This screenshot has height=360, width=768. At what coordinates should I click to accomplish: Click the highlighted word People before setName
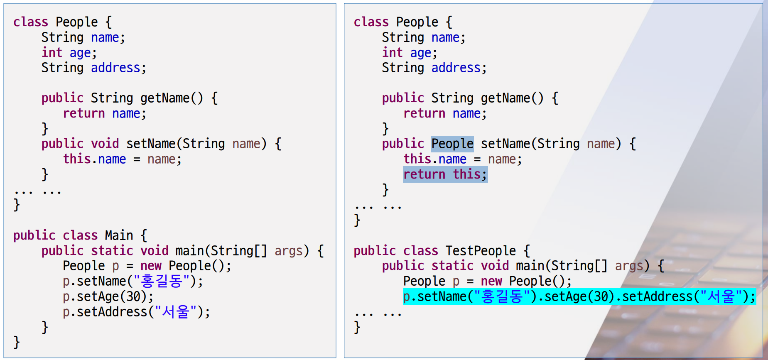(452, 144)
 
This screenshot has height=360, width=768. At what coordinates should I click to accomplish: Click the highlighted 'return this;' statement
(445, 174)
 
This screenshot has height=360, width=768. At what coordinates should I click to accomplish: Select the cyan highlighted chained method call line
(579, 296)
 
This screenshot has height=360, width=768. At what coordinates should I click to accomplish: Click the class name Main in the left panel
(119, 235)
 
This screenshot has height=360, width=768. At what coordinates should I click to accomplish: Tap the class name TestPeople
(481, 251)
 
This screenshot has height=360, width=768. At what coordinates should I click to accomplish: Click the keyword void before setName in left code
(105, 144)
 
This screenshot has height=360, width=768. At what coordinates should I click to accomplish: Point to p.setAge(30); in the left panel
(108, 296)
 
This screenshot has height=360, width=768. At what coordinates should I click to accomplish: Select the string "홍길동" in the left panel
(162, 282)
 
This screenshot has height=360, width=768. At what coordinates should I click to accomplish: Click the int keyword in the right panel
(392, 53)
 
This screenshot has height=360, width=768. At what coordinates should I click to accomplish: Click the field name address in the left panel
(115, 68)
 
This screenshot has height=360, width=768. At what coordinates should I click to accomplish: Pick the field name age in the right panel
(421, 53)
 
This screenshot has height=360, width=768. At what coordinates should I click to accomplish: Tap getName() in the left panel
(171, 98)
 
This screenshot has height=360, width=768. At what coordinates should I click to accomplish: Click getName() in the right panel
(512, 98)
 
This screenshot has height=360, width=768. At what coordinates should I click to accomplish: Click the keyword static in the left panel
(112, 251)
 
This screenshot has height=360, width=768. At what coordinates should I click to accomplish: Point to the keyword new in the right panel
(491, 281)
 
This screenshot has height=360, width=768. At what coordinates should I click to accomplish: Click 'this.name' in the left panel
(94, 159)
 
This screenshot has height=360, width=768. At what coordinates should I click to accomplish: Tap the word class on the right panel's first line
(371, 22)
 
